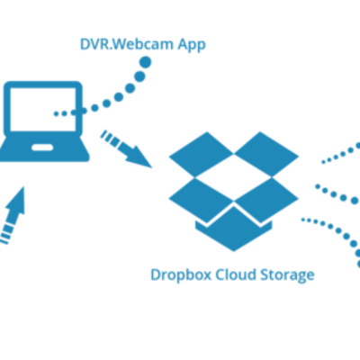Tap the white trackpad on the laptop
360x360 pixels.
(x=41, y=146)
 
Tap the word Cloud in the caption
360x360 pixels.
(x=237, y=274)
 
